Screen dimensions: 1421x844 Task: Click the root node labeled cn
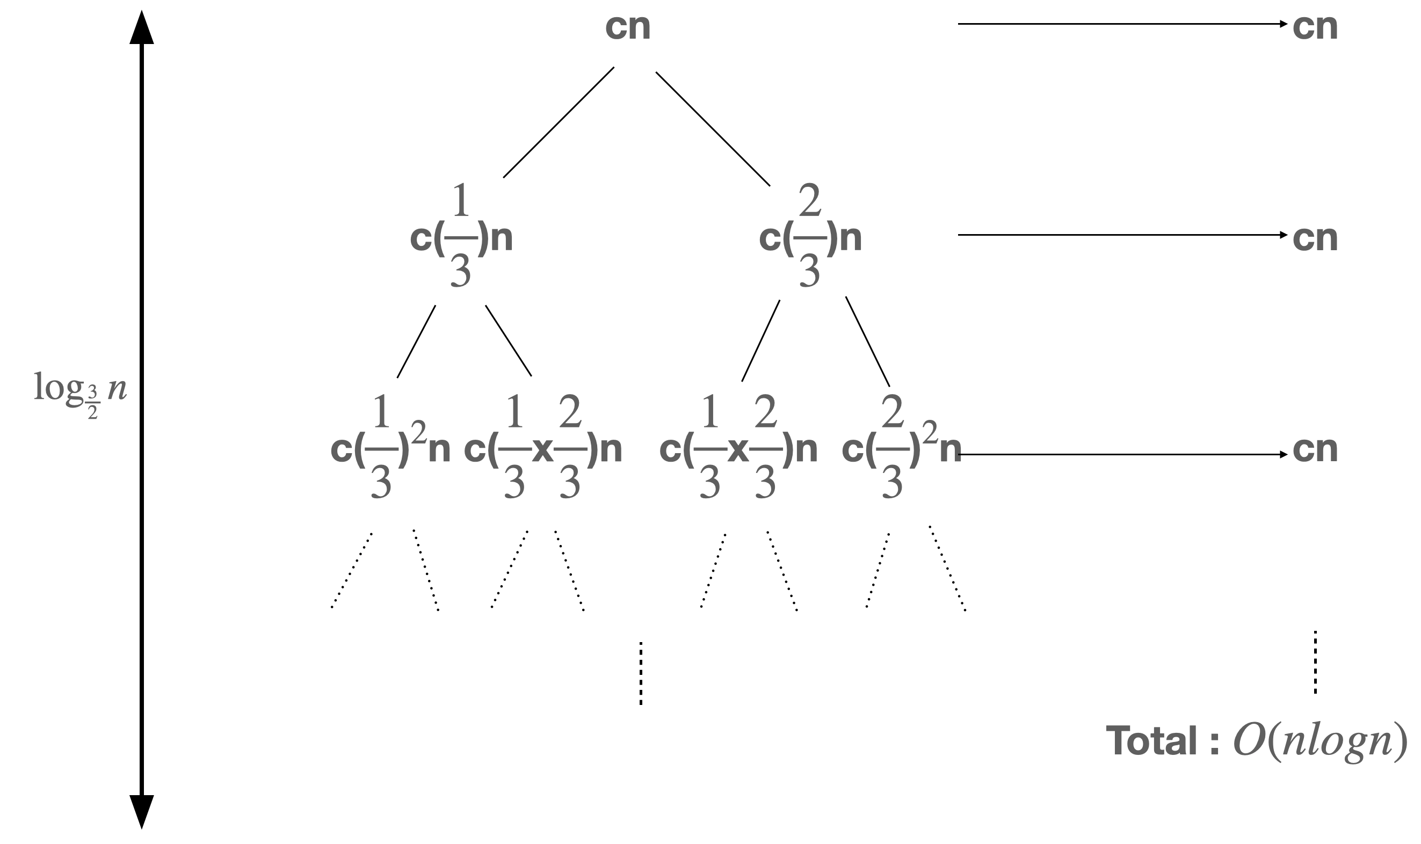(627, 27)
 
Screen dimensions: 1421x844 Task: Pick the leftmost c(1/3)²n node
(390, 449)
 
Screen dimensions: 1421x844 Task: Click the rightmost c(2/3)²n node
(901, 449)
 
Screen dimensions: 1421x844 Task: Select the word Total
(1151, 741)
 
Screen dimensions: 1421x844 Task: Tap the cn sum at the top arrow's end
(1315, 27)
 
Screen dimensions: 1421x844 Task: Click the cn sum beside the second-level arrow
(1315, 238)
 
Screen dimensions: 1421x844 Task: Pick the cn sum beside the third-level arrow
(1315, 449)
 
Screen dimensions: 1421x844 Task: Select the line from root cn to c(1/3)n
(559, 122)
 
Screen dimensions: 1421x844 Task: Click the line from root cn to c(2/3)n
(713, 128)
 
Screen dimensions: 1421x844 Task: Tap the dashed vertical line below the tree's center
(641, 673)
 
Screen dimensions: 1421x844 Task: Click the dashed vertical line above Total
(1315, 663)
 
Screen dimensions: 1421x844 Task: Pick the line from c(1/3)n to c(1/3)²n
(416, 341)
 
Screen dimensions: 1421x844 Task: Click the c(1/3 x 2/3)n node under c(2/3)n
(738, 449)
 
